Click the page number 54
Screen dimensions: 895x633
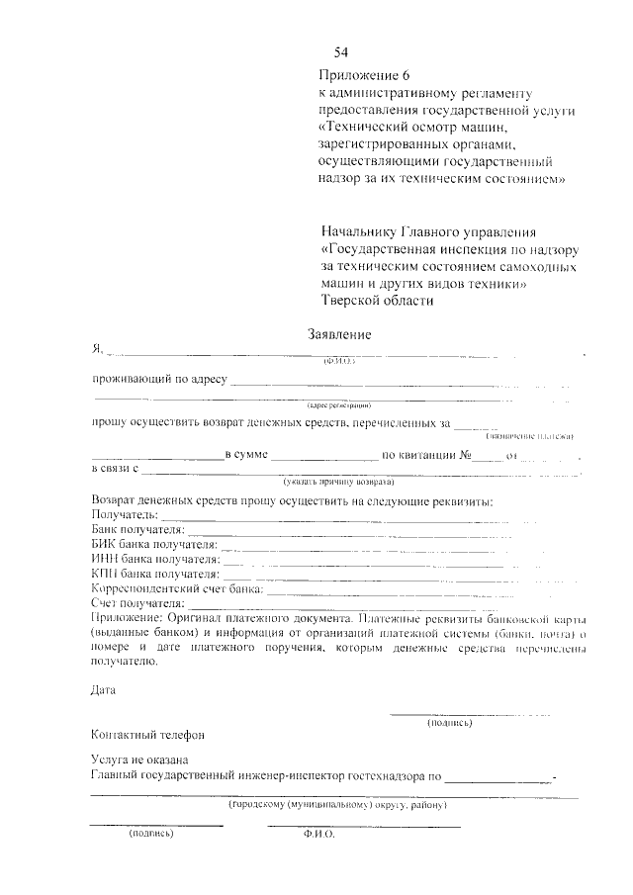pos(342,52)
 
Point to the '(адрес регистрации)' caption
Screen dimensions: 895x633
pos(338,404)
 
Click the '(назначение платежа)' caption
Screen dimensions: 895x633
pos(529,437)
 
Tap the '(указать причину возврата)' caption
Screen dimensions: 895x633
pos(338,482)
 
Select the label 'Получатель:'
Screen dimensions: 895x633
pos(124,516)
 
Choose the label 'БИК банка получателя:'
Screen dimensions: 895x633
pos(153,545)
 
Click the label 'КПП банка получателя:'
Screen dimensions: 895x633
pos(154,574)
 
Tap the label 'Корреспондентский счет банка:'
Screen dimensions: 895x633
pos(177,587)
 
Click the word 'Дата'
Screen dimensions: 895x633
pos(103,690)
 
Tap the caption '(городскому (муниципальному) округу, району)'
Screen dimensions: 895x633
pos(338,806)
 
